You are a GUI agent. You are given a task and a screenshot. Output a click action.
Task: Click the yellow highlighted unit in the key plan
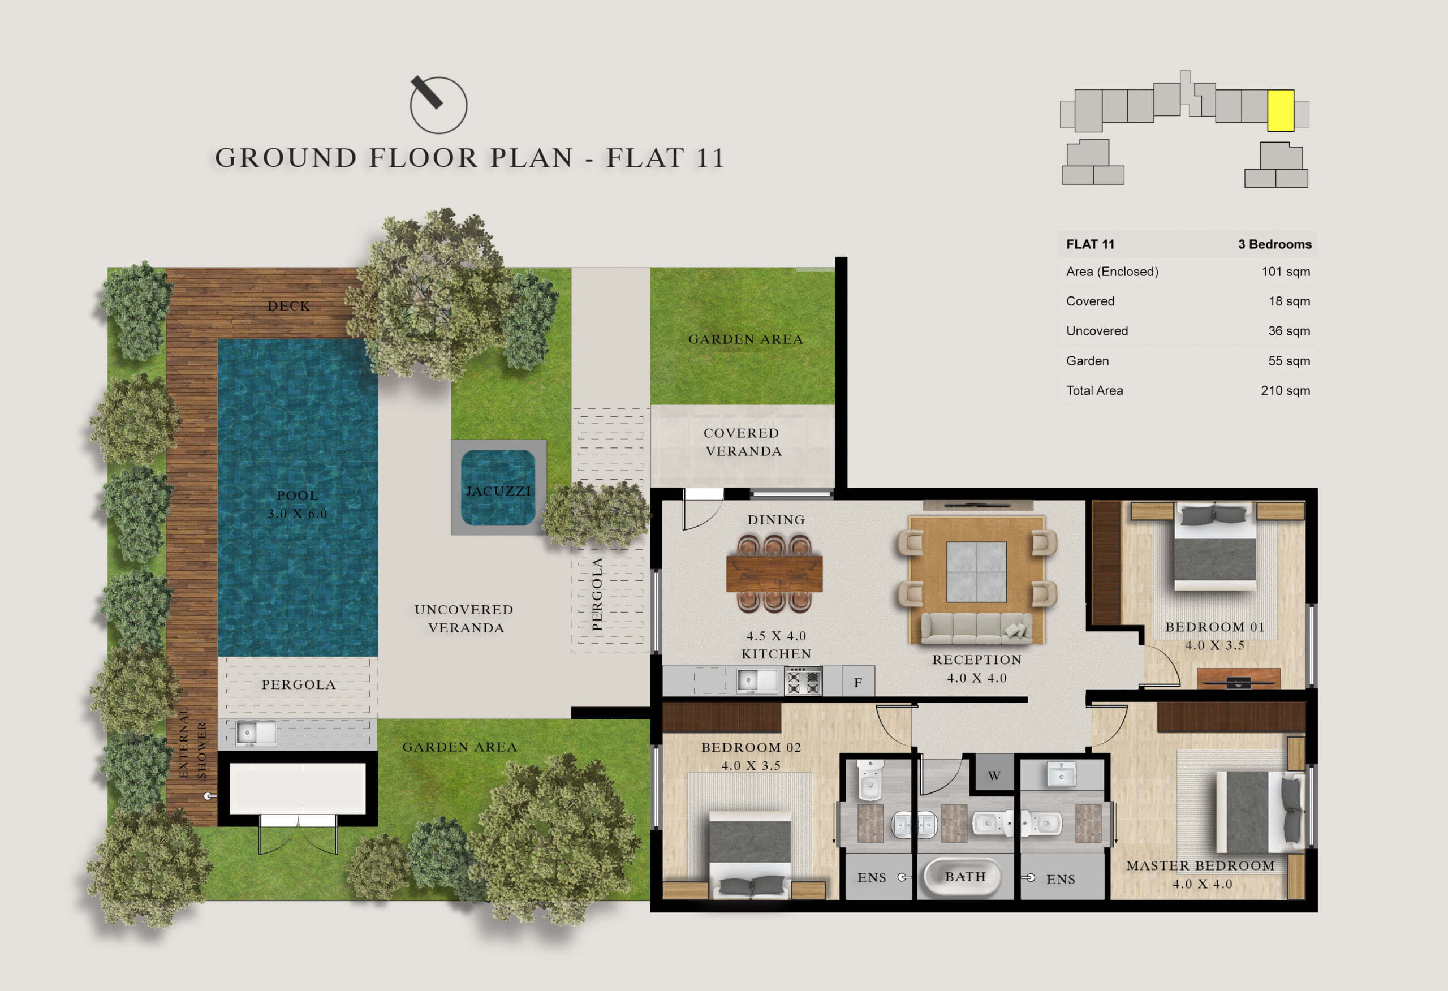pyautogui.click(x=1281, y=110)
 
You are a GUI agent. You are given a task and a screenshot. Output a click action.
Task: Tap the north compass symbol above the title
pyautogui.click(x=438, y=104)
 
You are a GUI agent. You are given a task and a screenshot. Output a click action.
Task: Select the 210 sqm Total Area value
pyautogui.click(x=1285, y=391)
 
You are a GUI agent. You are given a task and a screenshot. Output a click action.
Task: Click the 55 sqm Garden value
pyautogui.click(x=1289, y=361)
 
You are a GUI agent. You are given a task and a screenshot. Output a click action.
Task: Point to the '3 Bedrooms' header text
pyautogui.click(x=1275, y=244)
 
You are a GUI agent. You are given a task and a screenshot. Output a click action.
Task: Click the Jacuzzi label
pyautogui.click(x=498, y=491)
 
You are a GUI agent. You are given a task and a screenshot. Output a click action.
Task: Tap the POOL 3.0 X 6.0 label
pyautogui.click(x=297, y=504)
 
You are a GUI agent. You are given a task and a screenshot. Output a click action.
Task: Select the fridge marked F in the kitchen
pyautogui.click(x=858, y=681)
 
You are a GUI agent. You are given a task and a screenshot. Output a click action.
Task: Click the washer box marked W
pyautogui.click(x=994, y=775)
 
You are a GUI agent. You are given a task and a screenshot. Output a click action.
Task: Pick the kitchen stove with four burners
pyautogui.click(x=803, y=680)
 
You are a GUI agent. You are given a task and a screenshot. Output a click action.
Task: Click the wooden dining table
pyautogui.click(x=774, y=574)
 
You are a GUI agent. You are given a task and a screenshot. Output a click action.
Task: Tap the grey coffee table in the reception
pyautogui.click(x=976, y=571)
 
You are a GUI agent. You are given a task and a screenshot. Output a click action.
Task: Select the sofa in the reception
pyautogui.click(x=976, y=628)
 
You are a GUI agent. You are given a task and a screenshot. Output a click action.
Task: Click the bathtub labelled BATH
pyautogui.click(x=964, y=877)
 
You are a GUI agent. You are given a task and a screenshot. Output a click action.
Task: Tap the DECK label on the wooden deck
pyautogui.click(x=288, y=306)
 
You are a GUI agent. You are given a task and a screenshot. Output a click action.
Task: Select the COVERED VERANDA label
pyautogui.click(x=742, y=442)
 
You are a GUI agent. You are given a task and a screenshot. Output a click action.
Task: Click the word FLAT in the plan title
pyautogui.click(x=645, y=158)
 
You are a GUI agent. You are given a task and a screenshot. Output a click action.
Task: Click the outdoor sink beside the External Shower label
pyautogui.click(x=256, y=734)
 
